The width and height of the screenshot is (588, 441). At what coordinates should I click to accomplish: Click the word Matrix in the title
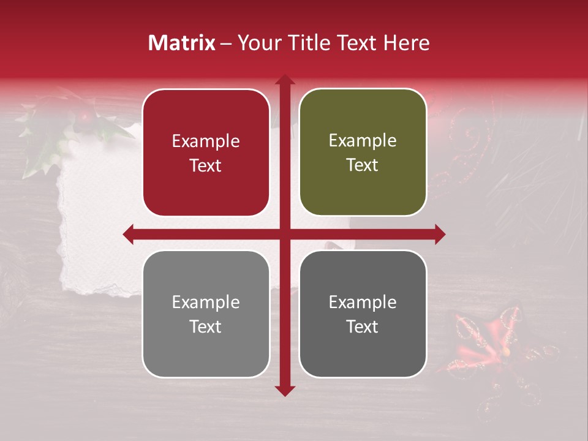[182, 43]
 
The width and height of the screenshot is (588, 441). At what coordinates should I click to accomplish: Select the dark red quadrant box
[206, 153]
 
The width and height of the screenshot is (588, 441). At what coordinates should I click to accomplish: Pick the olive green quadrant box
[363, 153]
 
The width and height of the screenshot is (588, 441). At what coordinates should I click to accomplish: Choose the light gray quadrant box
[206, 314]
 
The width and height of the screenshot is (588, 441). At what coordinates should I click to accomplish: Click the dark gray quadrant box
[363, 314]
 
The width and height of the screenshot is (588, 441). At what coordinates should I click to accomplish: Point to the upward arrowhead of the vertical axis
[285, 80]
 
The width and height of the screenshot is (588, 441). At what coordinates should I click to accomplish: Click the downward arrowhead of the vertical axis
[285, 390]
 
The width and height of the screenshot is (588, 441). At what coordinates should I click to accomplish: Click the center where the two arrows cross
[285, 234]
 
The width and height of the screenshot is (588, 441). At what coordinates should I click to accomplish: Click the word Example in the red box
[206, 141]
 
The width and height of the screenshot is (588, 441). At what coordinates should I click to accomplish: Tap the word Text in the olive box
[363, 165]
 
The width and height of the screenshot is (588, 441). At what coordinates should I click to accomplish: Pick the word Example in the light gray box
[206, 302]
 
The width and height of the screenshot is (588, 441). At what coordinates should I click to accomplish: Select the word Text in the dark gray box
[363, 326]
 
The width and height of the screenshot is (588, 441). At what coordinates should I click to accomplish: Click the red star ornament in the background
[484, 343]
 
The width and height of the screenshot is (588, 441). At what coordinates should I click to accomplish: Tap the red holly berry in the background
[85, 115]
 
